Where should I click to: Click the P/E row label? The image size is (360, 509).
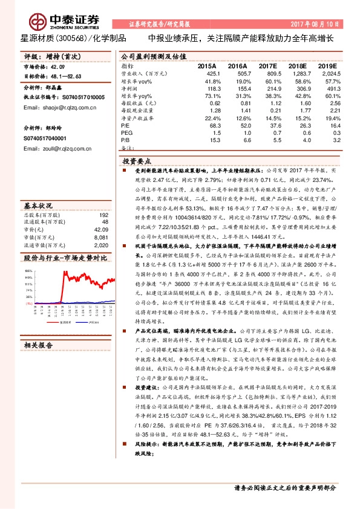125,125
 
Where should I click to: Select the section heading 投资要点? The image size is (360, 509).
137,163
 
